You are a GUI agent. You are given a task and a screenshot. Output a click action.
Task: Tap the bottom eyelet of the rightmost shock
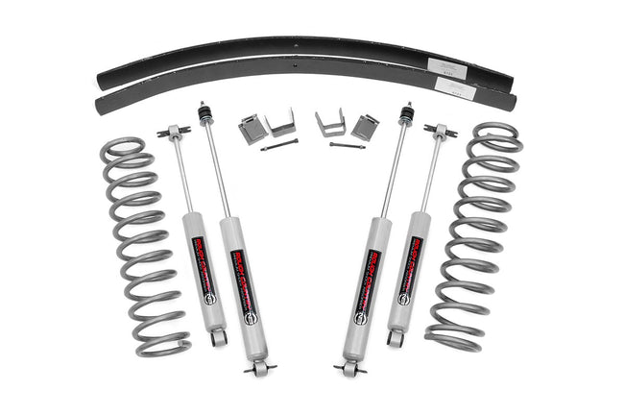[x=393, y=337]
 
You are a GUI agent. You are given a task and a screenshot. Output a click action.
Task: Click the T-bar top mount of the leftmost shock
[x=173, y=131]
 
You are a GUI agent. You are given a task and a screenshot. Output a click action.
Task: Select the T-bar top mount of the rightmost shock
[x=440, y=131]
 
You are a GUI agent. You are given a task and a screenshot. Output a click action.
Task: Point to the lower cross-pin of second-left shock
[x=259, y=367]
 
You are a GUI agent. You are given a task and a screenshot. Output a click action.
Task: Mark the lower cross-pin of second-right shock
[x=351, y=367]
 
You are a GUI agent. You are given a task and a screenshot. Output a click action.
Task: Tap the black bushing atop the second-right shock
[x=407, y=113]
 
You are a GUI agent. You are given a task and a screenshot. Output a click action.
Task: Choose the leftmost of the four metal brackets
[x=252, y=128]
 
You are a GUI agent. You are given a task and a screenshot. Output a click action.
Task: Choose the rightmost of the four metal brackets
[x=365, y=126]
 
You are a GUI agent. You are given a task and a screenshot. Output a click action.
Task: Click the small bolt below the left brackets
[x=278, y=144]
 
